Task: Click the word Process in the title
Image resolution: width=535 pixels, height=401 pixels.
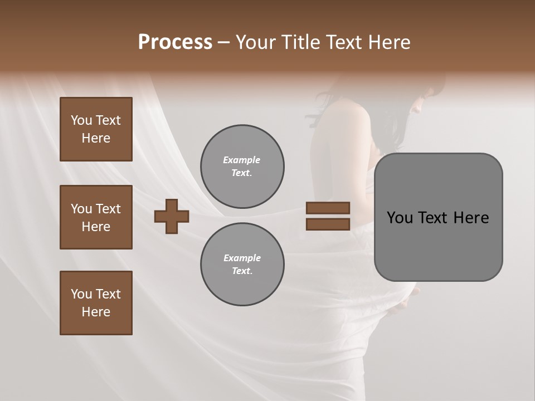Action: [x=175, y=42]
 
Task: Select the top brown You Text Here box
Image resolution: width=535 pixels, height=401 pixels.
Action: [x=96, y=129]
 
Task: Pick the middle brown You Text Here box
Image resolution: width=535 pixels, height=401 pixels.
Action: [x=96, y=217]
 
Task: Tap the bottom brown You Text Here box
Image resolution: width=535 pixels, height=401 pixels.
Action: [x=96, y=303]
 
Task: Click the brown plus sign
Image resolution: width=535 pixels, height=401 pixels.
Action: [x=172, y=216]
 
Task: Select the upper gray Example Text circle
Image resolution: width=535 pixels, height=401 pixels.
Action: [x=242, y=167]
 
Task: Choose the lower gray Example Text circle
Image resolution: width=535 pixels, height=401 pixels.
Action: [x=242, y=265]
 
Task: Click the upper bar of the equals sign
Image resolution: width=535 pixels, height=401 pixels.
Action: [x=328, y=208]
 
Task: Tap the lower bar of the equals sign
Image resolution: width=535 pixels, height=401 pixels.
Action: [x=328, y=224]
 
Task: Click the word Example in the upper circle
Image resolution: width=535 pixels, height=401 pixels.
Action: [x=242, y=160]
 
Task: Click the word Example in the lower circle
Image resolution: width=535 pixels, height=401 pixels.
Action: [x=242, y=258]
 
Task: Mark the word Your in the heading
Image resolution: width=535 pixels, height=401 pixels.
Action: [x=257, y=42]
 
